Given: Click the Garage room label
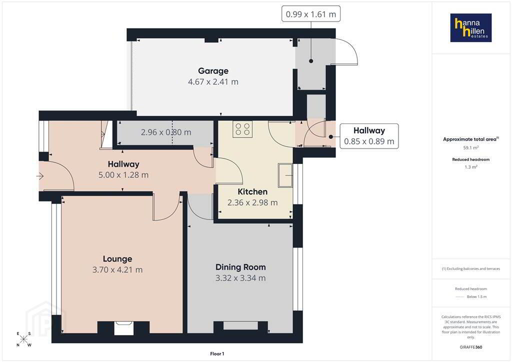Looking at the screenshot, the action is [x=213, y=71].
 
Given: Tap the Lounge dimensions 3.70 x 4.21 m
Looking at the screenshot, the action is [x=117, y=270].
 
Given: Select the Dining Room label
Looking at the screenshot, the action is [x=240, y=267].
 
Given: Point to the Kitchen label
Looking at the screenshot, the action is [x=252, y=191].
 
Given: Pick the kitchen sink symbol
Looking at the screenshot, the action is [x=285, y=175].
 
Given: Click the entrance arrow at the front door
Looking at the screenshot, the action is [x=40, y=176].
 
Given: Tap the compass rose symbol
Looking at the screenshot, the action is [x=24, y=339].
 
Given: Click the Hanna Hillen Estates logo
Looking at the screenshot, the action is [x=471, y=27].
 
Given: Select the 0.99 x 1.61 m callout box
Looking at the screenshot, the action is [x=311, y=14].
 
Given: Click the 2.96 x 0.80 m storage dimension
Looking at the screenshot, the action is [x=166, y=132].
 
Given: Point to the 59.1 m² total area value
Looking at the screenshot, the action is [x=471, y=148].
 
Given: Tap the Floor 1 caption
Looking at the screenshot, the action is [x=217, y=354].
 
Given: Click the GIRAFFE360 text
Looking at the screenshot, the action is [x=471, y=347].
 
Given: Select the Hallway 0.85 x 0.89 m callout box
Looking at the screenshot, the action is [x=369, y=136].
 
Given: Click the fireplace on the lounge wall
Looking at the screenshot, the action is [x=124, y=327].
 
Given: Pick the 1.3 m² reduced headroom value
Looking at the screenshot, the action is [x=471, y=167].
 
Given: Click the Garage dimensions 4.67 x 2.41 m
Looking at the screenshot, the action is [x=213, y=82].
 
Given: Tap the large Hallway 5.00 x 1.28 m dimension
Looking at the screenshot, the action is [x=123, y=175].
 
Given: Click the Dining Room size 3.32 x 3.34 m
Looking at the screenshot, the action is [x=240, y=278].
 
